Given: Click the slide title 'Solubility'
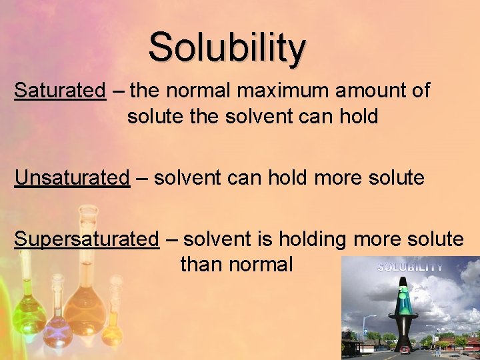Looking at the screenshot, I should click(x=227, y=48).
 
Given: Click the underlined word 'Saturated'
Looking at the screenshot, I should click(x=60, y=90).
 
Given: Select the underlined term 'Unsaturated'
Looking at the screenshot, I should click(x=72, y=178).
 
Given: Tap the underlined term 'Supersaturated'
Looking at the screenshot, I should click(x=87, y=239).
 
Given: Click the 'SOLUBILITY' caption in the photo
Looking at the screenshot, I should click(x=410, y=267).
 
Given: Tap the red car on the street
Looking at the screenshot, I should click(x=405, y=349).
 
